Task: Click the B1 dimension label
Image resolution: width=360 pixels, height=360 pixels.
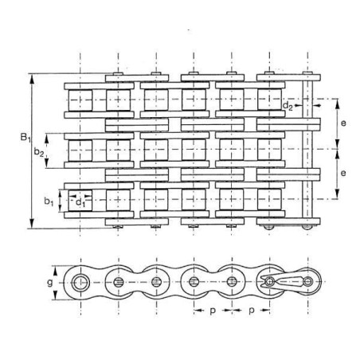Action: click(x=25, y=138)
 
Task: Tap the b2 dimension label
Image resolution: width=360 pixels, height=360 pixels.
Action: click(x=39, y=152)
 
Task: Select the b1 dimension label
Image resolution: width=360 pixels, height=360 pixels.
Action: click(x=49, y=202)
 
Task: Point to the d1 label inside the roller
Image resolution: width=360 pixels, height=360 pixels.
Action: click(x=80, y=202)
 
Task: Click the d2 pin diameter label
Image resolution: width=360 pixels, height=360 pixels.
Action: click(x=288, y=106)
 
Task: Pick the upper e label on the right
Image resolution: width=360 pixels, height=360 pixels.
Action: click(x=343, y=123)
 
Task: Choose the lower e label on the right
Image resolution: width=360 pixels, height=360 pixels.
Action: click(x=343, y=174)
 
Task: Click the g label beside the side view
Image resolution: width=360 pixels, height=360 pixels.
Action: click(x=49, y=283)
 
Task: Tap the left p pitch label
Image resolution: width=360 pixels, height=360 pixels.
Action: click(x=213, y=311)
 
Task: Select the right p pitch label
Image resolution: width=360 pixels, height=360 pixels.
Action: click(x=252, y=311)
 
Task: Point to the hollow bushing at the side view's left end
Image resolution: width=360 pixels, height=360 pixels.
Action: click(x=80, y=283)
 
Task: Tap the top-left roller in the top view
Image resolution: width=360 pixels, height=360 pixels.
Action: click(x=80, y=100)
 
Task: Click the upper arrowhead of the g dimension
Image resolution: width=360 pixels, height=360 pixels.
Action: click(x=56, y=271)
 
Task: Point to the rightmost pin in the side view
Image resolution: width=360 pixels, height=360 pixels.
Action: click(x=308, y=281)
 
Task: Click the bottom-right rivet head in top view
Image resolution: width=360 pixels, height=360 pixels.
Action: click(x=307, y=227)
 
